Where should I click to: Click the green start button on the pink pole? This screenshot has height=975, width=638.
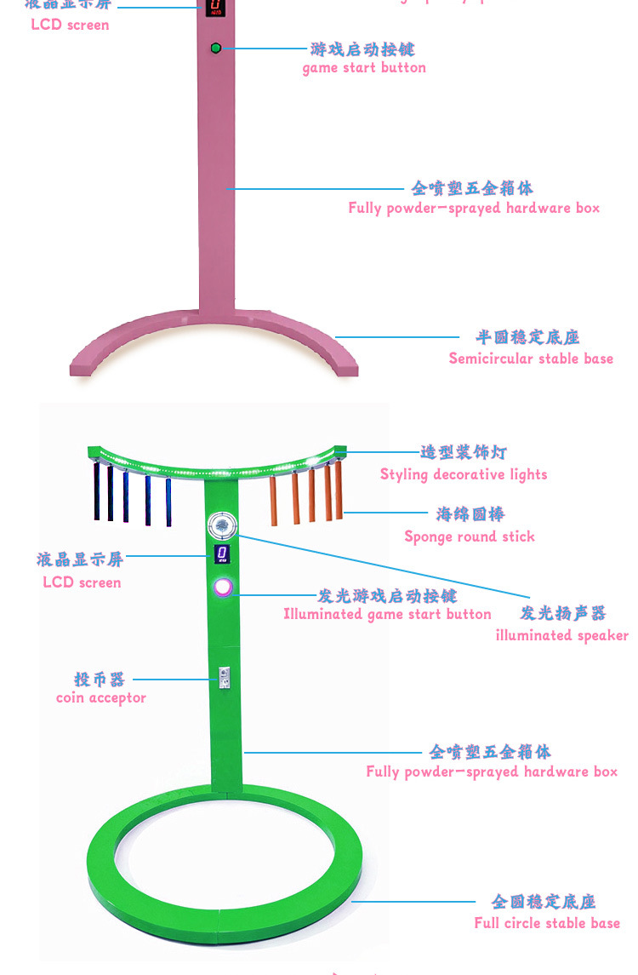click(216, 48)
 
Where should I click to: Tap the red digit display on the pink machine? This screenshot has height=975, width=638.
click(215, 8)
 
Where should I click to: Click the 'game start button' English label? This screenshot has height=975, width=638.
click(364, 68)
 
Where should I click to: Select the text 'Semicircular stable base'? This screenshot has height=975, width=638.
click(531, 358)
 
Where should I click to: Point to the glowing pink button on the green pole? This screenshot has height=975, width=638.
click(223, 587)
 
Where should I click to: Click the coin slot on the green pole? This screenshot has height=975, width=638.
click(224, 676)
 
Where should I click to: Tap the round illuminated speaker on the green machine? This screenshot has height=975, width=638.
click(221, 525)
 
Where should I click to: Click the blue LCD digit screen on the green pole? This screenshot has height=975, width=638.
click(222, 554)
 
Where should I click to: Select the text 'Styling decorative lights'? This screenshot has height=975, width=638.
click(464, 474)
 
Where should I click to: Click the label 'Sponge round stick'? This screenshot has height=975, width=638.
click(470, 536)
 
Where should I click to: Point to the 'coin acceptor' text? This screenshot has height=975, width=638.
click(101, 698)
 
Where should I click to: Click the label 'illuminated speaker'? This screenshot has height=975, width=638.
click(562, 635)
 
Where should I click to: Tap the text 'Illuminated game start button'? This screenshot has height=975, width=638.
click(387, 614)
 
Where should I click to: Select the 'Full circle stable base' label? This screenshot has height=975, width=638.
click(547, 923)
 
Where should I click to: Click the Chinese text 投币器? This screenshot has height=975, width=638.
click(100, 679)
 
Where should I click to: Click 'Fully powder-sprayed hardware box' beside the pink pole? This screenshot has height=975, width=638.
click(474, 208)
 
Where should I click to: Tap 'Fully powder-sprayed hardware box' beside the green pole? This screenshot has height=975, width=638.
click(492, 771)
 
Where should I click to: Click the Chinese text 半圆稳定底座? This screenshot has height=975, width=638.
click(527, 338)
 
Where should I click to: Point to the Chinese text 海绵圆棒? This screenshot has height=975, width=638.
click(470, 514)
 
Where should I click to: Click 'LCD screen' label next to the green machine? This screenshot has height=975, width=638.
click(82, 582)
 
